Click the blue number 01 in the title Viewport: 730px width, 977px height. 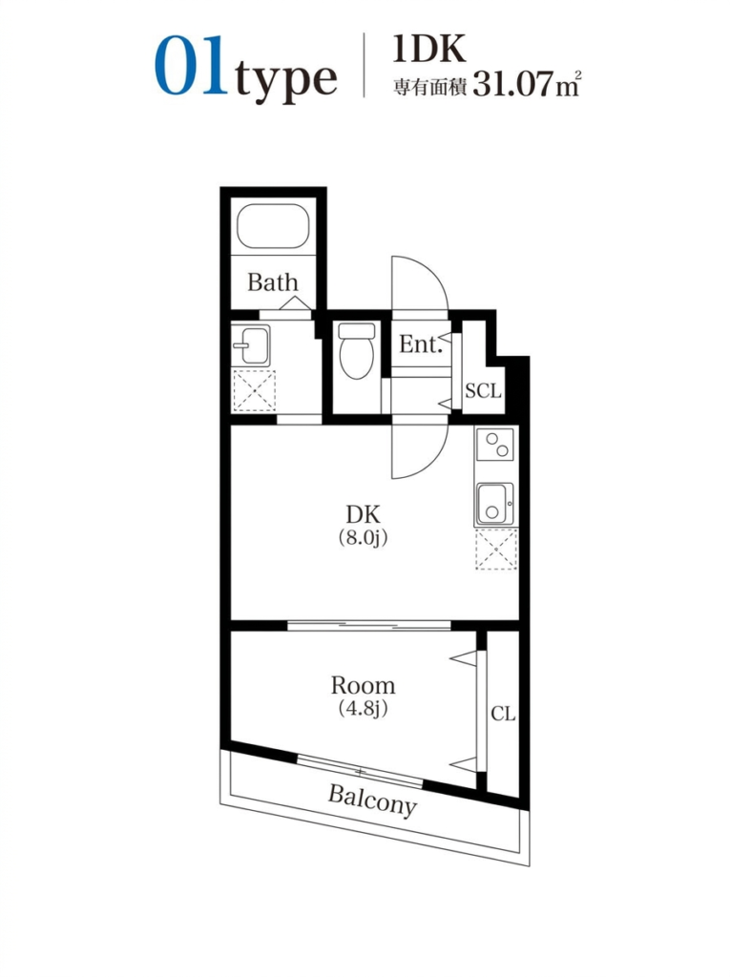coord(190,67)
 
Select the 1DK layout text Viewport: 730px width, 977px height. coord(429,49)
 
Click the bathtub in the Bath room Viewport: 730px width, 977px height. coord(273,226)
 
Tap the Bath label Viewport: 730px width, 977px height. coord(272,282)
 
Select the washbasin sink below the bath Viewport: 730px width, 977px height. coord(251,344)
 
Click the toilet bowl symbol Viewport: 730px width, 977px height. coord(356,350)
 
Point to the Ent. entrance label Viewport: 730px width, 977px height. coord(421,343)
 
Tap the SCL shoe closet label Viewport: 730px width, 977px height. coord(483,390)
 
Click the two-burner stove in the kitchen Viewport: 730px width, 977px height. coord(495,444)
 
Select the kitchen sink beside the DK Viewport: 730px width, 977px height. coord(495,504)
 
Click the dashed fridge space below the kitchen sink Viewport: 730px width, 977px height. coord(496,549)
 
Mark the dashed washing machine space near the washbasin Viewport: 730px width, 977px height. coord(254,390)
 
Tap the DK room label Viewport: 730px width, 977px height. coord(363,514)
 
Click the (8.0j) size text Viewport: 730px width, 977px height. coord(363,537)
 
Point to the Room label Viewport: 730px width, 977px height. coord(363,685)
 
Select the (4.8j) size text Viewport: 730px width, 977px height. coord(363,709)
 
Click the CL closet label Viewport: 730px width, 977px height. coord(503,714)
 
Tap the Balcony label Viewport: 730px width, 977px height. coord(372,800)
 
